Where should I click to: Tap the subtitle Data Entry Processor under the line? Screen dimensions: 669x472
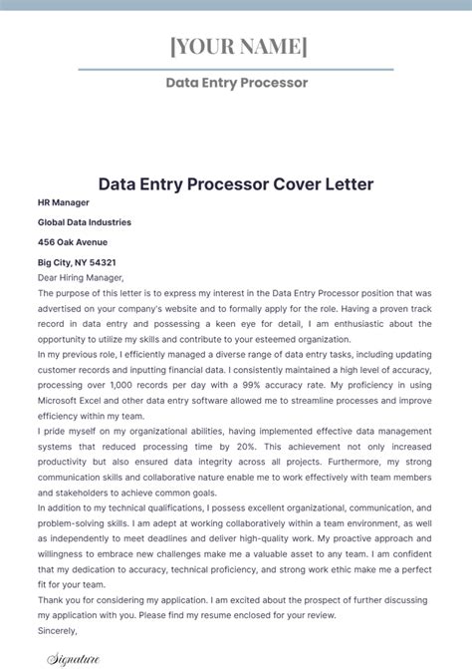[236, 83]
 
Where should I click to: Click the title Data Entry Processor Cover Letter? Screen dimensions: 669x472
[236, 184]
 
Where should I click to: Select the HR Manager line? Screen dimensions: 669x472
[65, 202]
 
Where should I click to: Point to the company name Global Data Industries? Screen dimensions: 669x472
[85, 222]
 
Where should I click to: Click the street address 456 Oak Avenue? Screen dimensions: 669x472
[73, 242]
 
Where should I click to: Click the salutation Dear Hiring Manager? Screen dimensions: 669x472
[81, 278]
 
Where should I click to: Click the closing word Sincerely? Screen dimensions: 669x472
[57, 631]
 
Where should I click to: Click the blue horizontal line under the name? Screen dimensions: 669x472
[236, 69]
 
